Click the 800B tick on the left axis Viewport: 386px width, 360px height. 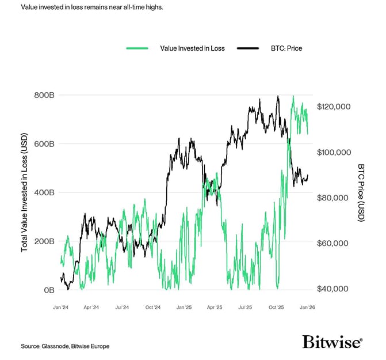(x=44, y=95)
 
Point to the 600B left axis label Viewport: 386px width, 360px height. (x=44, y=143)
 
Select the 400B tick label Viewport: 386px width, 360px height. (x=44, y=192)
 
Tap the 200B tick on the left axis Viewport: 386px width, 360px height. (x=44, y=241)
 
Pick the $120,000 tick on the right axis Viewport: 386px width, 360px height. (x=334, y=107)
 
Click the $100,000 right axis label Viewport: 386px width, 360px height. (x=334, y=153)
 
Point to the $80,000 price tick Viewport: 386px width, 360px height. (x=334, y=198)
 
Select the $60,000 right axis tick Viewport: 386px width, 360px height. (x=334, y=243)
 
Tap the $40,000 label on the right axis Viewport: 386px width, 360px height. (x=334, y=289)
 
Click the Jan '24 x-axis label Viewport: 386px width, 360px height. (x=61, y=308)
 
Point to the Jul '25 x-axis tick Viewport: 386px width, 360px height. (x=246, y=308)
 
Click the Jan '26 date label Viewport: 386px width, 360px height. (x=307, y=308)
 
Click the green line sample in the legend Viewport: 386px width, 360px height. (x=137, y=48)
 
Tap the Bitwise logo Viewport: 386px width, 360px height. (x=332, y=342)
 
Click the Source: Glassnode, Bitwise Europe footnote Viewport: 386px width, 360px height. (x=65, y=346)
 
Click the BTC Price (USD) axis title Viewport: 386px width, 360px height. (x=361, y=193)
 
